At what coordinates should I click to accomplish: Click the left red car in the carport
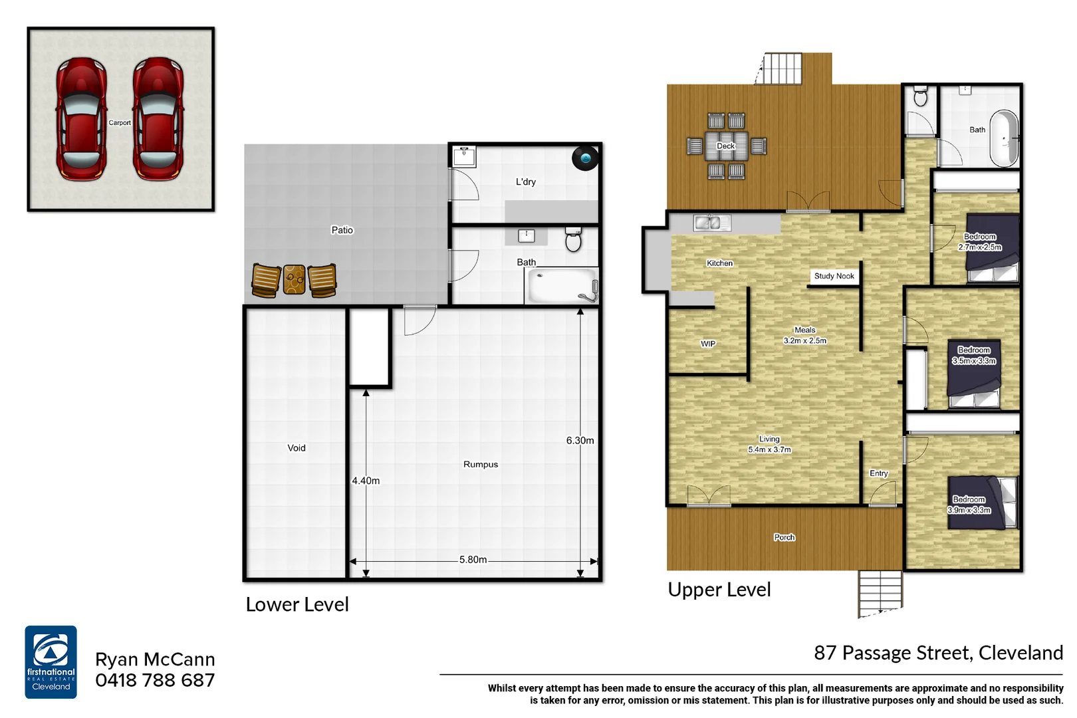tap(81, 120)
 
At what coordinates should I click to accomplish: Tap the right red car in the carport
tap(158, 120)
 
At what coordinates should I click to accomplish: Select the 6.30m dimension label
tap(580, 441)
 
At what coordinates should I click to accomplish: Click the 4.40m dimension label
tap(366, 481)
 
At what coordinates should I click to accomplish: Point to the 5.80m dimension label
tap(473, 560)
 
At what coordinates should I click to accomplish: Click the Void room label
tap(297, 448)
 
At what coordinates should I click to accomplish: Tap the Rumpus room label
tap(480, 465)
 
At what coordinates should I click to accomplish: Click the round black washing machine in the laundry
tap(585, 158)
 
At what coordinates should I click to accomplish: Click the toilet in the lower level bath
tap(573, 239)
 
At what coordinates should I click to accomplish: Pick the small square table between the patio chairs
tap(294, 280)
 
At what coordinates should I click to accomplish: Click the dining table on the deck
tap(725, 146)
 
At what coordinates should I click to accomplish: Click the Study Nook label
tap(834, 276)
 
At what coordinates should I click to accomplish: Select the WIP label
tap(708, 344)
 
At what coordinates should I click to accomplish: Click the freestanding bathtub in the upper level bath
tap(1003, 138)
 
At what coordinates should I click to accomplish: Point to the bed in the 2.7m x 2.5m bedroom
tap(993, 247)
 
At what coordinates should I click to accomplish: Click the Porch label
tap(784, 537)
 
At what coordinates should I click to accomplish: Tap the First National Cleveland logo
tap(51, 662)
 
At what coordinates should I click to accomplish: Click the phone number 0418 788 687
tap(155, 681)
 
